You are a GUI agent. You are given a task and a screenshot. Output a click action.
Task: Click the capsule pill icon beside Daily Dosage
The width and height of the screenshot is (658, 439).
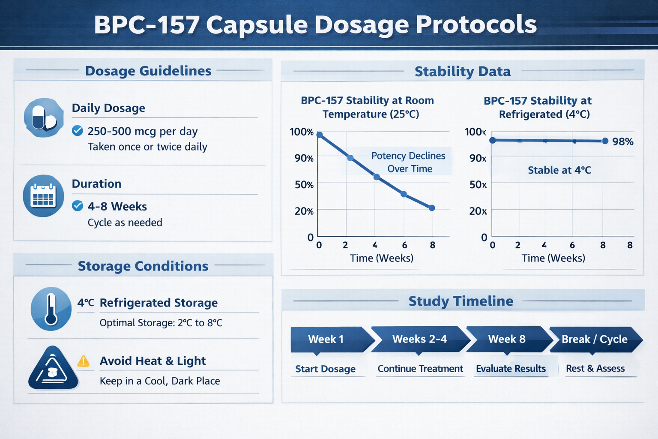point(44,117)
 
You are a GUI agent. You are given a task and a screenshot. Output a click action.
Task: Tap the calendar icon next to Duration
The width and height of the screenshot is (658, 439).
point(43,196)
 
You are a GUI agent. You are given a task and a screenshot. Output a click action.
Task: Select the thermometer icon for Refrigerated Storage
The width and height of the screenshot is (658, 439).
point(51,309)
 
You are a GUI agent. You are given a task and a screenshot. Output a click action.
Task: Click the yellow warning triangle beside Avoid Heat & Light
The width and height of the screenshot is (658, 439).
point(83,361)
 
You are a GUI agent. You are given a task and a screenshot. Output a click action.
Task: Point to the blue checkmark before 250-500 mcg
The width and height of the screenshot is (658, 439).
point(78,131)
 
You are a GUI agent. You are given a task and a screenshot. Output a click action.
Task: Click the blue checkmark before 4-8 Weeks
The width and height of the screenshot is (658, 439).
point(78,206)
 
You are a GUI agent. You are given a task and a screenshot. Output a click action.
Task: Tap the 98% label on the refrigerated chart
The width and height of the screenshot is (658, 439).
point(622,142)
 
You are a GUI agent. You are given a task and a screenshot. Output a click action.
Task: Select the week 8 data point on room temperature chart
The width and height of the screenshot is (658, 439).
point(432,208)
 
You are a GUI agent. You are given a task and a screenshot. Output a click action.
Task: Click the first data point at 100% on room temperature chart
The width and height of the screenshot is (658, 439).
point(319,135)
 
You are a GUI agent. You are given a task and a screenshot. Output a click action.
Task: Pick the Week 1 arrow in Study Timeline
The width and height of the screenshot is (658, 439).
point(327,339)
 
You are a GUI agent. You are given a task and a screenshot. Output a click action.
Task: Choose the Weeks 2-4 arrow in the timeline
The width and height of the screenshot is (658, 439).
point(419,339)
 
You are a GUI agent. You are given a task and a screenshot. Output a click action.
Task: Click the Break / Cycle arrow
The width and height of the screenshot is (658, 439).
point(595,339)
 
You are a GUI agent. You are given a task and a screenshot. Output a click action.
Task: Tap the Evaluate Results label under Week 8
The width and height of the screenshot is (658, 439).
point(511,369)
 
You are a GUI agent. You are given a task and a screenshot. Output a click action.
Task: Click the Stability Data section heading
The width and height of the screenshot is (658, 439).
point(462,71)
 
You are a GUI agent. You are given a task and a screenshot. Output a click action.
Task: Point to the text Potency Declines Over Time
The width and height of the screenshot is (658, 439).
point(408,162)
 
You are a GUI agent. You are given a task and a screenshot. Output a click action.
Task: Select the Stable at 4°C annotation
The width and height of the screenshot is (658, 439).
point(559,170)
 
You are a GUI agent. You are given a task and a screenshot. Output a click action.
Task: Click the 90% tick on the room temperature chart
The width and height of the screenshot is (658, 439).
point(304,158)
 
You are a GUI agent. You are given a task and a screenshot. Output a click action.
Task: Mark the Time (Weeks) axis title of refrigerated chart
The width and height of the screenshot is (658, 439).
point(553,258)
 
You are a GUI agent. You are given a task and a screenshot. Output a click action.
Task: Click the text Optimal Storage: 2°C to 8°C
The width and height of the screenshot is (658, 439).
point(161,323)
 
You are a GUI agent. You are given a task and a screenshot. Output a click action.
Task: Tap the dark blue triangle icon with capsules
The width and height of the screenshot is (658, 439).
point(53,369)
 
